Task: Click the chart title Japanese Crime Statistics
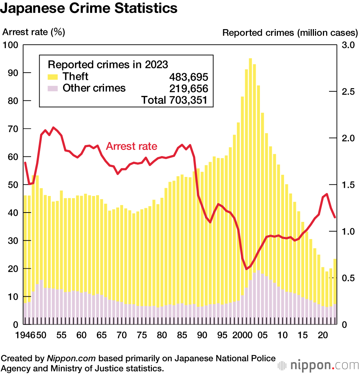coord(89,8)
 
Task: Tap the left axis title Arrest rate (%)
coord(33,32)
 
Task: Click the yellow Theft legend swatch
coord(53,77)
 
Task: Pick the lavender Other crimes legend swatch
coord(53,88)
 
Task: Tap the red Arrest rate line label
coord(131,146)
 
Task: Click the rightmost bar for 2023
coord(335,288)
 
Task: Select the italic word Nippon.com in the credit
coord(71,359)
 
